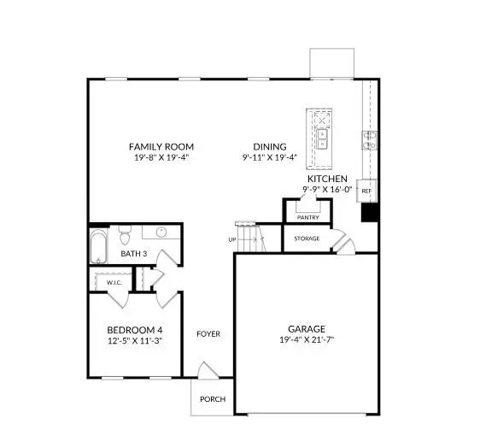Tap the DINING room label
pos(269,146)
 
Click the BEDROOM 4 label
pos(134,330)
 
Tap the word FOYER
pos(208,333)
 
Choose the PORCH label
pos(213,399)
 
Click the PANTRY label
pos(307,217)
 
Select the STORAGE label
pos(307,238)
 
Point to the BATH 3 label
pos(133,254)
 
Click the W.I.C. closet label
pos(113,282)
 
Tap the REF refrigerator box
pos(366,191)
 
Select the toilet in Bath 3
pos(124,232)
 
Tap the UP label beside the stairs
pos(231,239)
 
